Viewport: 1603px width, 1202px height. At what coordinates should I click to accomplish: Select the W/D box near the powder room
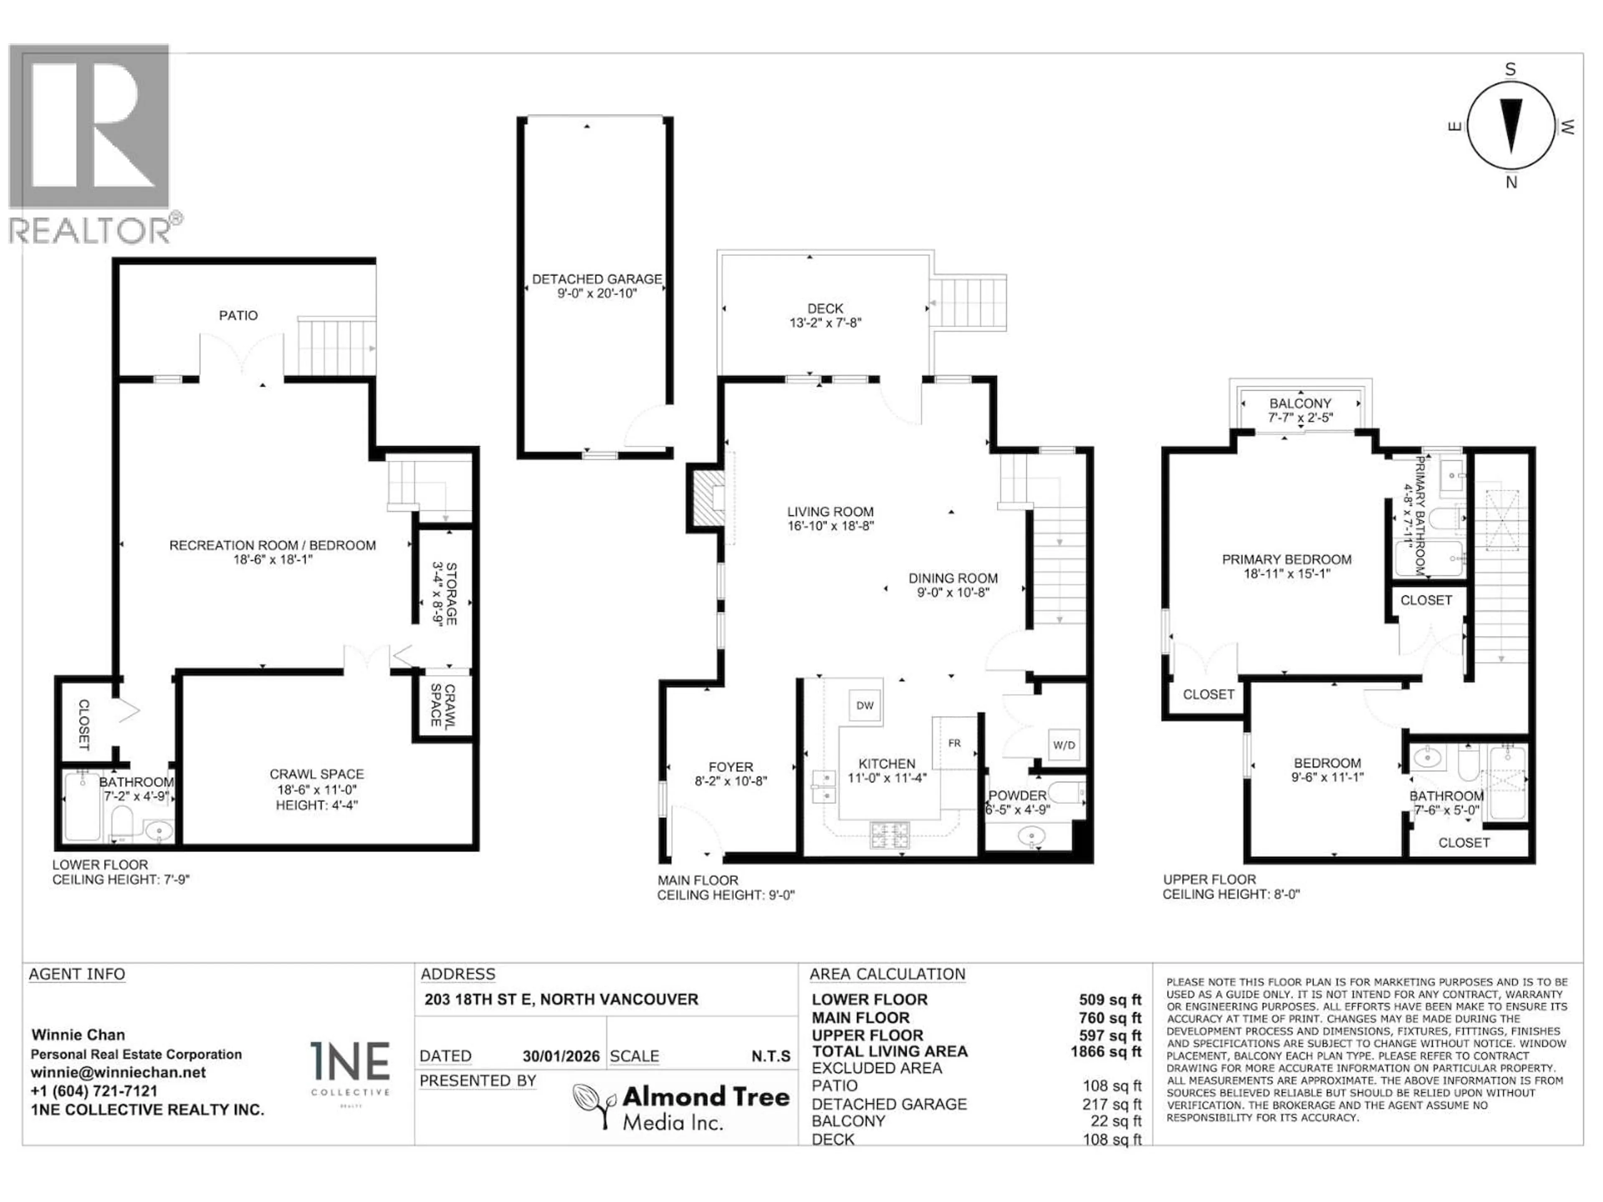coord(1064,745)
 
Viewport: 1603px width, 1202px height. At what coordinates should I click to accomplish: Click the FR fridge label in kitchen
coord(954,742)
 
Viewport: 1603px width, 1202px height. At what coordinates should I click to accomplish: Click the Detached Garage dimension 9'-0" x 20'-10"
coord(597,293)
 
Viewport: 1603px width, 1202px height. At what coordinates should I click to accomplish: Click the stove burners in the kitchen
coord(889,836)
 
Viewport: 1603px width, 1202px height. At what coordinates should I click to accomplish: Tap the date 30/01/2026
coord(561,1056)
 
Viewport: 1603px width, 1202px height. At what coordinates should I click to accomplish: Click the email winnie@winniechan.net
coord(118,1072)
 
